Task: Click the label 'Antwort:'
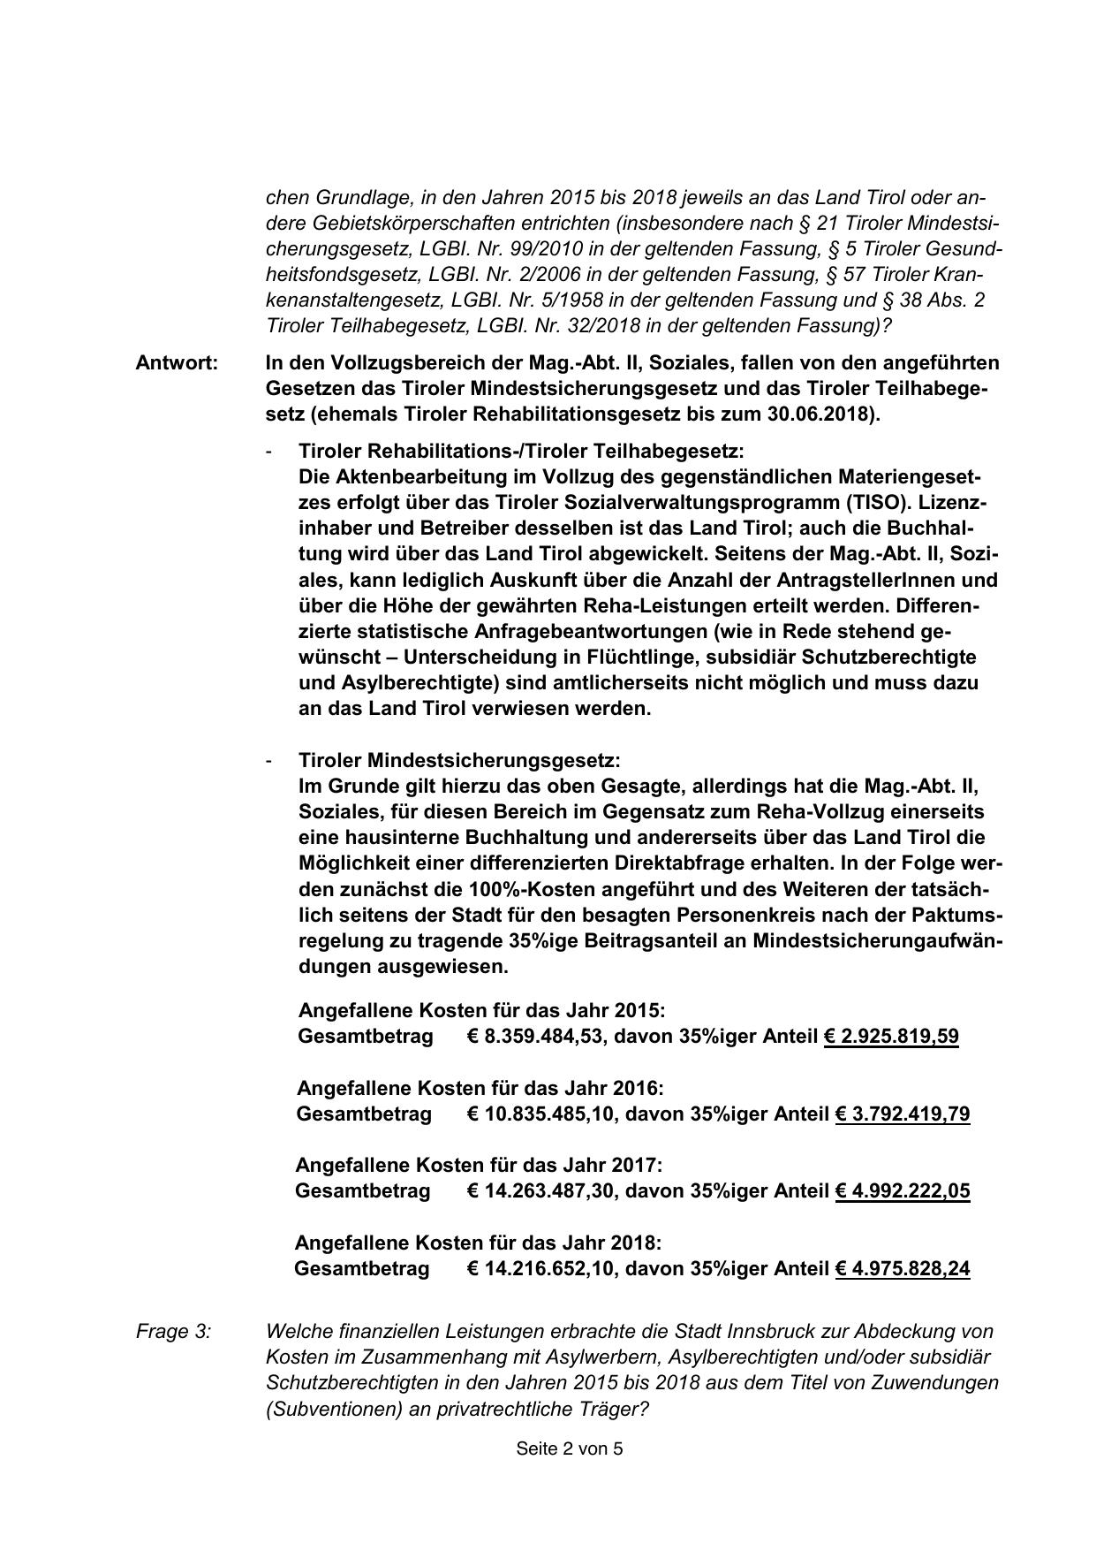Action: pos(177,363)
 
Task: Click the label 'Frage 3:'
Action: pos(174,1331)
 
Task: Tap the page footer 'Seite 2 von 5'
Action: pos(570,1448)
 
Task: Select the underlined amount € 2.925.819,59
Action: pos(891,1037)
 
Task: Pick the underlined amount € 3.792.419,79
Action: pos(902,1114)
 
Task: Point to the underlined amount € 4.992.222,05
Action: pos(902,1191)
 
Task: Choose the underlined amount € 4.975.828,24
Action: pos(902,1269)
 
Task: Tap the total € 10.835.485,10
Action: pos(540,1114)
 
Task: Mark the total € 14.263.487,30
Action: pos(540,1191)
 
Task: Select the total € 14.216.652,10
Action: pos(540,1269)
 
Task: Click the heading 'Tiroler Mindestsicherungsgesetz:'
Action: pos(459,761)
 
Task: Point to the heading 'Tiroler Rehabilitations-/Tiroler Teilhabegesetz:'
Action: pos(521,451)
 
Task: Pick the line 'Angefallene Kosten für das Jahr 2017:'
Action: pos(479,1166)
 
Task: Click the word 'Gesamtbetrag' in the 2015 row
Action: pos(366,1037)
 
